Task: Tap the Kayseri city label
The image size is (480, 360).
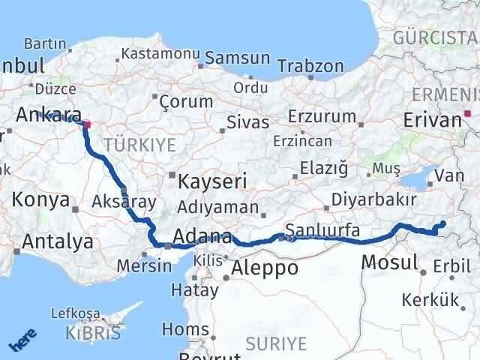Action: [212, 181]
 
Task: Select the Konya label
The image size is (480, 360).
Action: [42, 201]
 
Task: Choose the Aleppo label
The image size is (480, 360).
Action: [265, 268]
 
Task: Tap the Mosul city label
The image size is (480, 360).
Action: [389, 262]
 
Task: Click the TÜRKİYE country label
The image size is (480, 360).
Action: [140, 144]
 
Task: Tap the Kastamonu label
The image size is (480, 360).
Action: [160, 54]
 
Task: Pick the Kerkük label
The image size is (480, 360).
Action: [430, 300]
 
